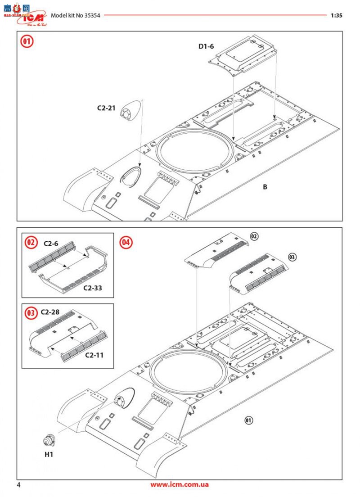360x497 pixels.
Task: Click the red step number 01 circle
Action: coord(27,42)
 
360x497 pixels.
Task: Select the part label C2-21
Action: coord(106,108)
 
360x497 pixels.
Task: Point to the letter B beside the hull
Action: coord(265,186)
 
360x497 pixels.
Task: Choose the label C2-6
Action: coord(51,244)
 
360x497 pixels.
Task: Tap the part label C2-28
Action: coord(50,312)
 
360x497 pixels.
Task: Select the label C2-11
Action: coord(94,355)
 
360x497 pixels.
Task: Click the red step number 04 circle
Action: coord(126,242)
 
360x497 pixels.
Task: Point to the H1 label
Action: coord(49,454)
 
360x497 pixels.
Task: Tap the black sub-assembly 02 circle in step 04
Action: coord(254,236)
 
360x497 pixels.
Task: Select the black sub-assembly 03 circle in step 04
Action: coord(292,257)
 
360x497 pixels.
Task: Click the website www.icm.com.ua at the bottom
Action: coord(180,485)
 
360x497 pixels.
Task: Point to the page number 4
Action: coord(18,485)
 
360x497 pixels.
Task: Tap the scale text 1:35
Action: coord(336,15)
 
